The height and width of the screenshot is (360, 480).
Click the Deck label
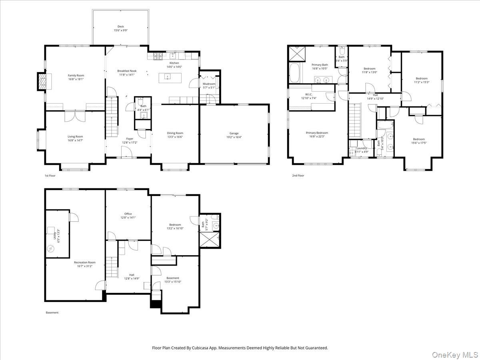point(120,27)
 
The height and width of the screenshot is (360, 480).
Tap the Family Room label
point(76,75)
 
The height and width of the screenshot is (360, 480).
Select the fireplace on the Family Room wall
point(42,82)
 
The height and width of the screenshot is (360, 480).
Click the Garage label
point(234,133)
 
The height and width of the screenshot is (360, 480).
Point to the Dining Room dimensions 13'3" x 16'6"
point(175,137)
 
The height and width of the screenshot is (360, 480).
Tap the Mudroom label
point(209,84)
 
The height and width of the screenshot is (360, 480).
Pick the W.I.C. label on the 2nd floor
point(309,94)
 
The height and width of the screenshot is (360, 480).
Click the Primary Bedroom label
point(317,133)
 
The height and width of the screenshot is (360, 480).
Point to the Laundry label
point(362,148)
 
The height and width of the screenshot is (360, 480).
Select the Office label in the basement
point(128,214)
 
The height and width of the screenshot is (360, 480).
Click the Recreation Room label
point(85,262)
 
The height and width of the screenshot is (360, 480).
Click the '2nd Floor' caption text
point(298,175)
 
